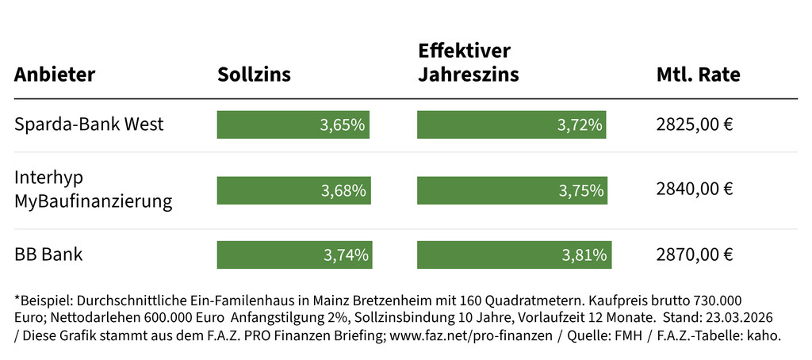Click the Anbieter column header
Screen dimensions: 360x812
coord(55,75)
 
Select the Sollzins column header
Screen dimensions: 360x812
coord(254,75)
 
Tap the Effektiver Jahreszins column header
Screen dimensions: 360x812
coord(468,63)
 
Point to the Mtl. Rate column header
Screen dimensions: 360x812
coord(698,75)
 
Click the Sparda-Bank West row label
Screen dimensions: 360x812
coord(89,124)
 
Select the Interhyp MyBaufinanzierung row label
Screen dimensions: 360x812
coord(93,190)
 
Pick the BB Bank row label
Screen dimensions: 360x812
coord(48,255)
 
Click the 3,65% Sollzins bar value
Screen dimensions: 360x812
coord(343,125)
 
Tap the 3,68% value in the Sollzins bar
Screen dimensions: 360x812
coord(343,190)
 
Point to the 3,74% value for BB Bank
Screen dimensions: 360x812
coord(346,255)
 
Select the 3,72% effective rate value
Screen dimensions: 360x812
coord(580,125)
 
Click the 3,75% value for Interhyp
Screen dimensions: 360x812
coord(581,190)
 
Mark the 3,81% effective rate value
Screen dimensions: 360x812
coord(584,255)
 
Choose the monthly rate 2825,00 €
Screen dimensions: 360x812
coord(695,124)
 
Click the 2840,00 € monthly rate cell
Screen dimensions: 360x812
coord(695,190)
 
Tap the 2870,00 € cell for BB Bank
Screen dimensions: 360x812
coord(695,255)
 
